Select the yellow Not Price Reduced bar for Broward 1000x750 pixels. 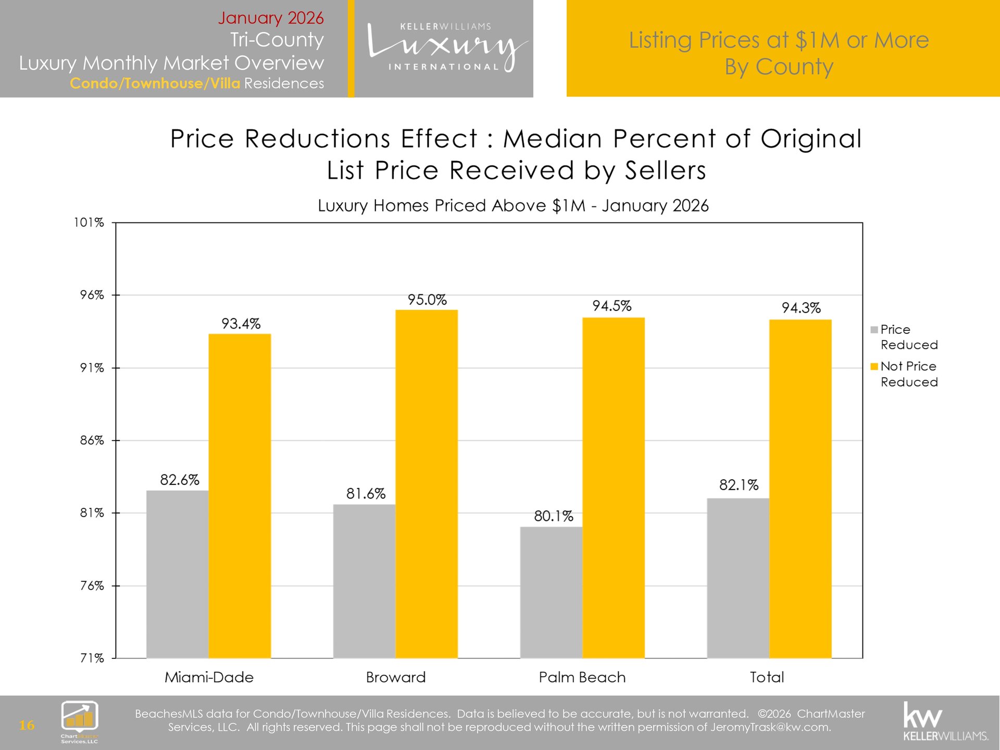click(x=427, y=484)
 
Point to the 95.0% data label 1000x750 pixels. click(x=427, y=300)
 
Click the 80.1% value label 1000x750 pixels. click(x=553, y=516)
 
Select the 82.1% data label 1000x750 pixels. click(x=739, y=485)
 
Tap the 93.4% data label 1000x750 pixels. click(x=241, y=324)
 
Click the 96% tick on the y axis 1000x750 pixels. click(x=92, y=295)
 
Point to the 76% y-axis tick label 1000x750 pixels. click(x=92, y=586)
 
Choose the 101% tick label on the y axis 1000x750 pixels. click(x=89, y=223)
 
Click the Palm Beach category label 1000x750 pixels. click(x=582, y=677)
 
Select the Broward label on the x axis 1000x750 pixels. click(x=396, y=677)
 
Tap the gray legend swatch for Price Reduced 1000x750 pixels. click(x=874, y=330)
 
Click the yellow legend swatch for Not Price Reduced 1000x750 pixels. click(x=874, y=367)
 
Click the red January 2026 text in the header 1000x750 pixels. click(x=271, y=18)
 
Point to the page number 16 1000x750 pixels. click(x=27, y=725)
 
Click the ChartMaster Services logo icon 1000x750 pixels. click(x=80, y=718)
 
